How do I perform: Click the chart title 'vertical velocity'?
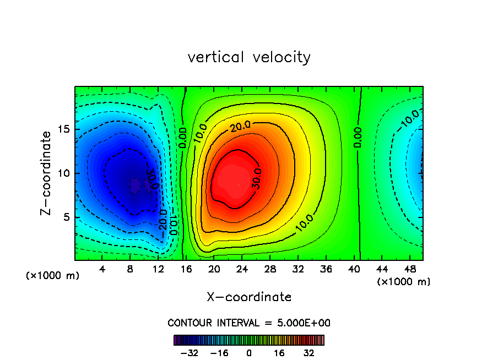[x=249, y=57]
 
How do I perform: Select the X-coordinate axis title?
[x=249, y=297]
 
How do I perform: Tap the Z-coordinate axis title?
[x=48, y=173]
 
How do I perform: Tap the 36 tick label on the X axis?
[x=326, y=270]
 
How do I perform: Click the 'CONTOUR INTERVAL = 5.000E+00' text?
[x=249, y=323]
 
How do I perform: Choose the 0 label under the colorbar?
[x=249, y=353]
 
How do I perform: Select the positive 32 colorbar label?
[x=308, y=353]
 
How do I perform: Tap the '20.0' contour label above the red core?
[x=240, y=127]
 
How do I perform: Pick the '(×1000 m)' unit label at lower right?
[x=403, y=282]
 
